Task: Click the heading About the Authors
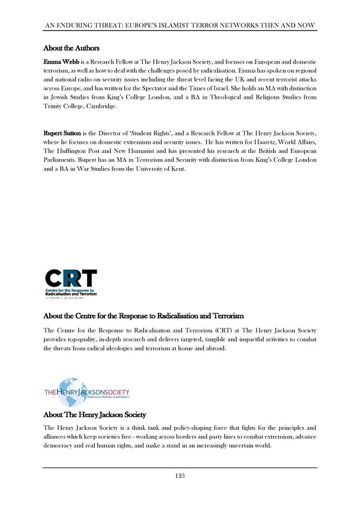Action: point(71,48)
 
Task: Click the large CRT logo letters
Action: point(71,280)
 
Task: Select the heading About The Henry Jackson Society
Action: point(95,414)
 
